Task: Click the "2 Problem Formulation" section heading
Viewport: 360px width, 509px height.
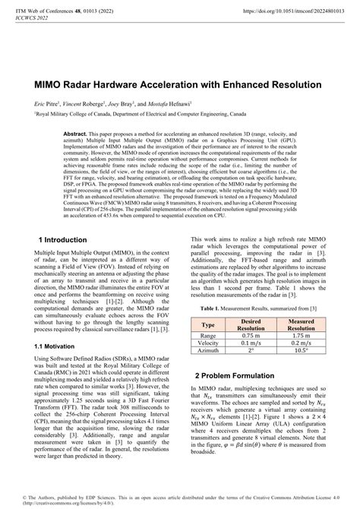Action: pos(238,375)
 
